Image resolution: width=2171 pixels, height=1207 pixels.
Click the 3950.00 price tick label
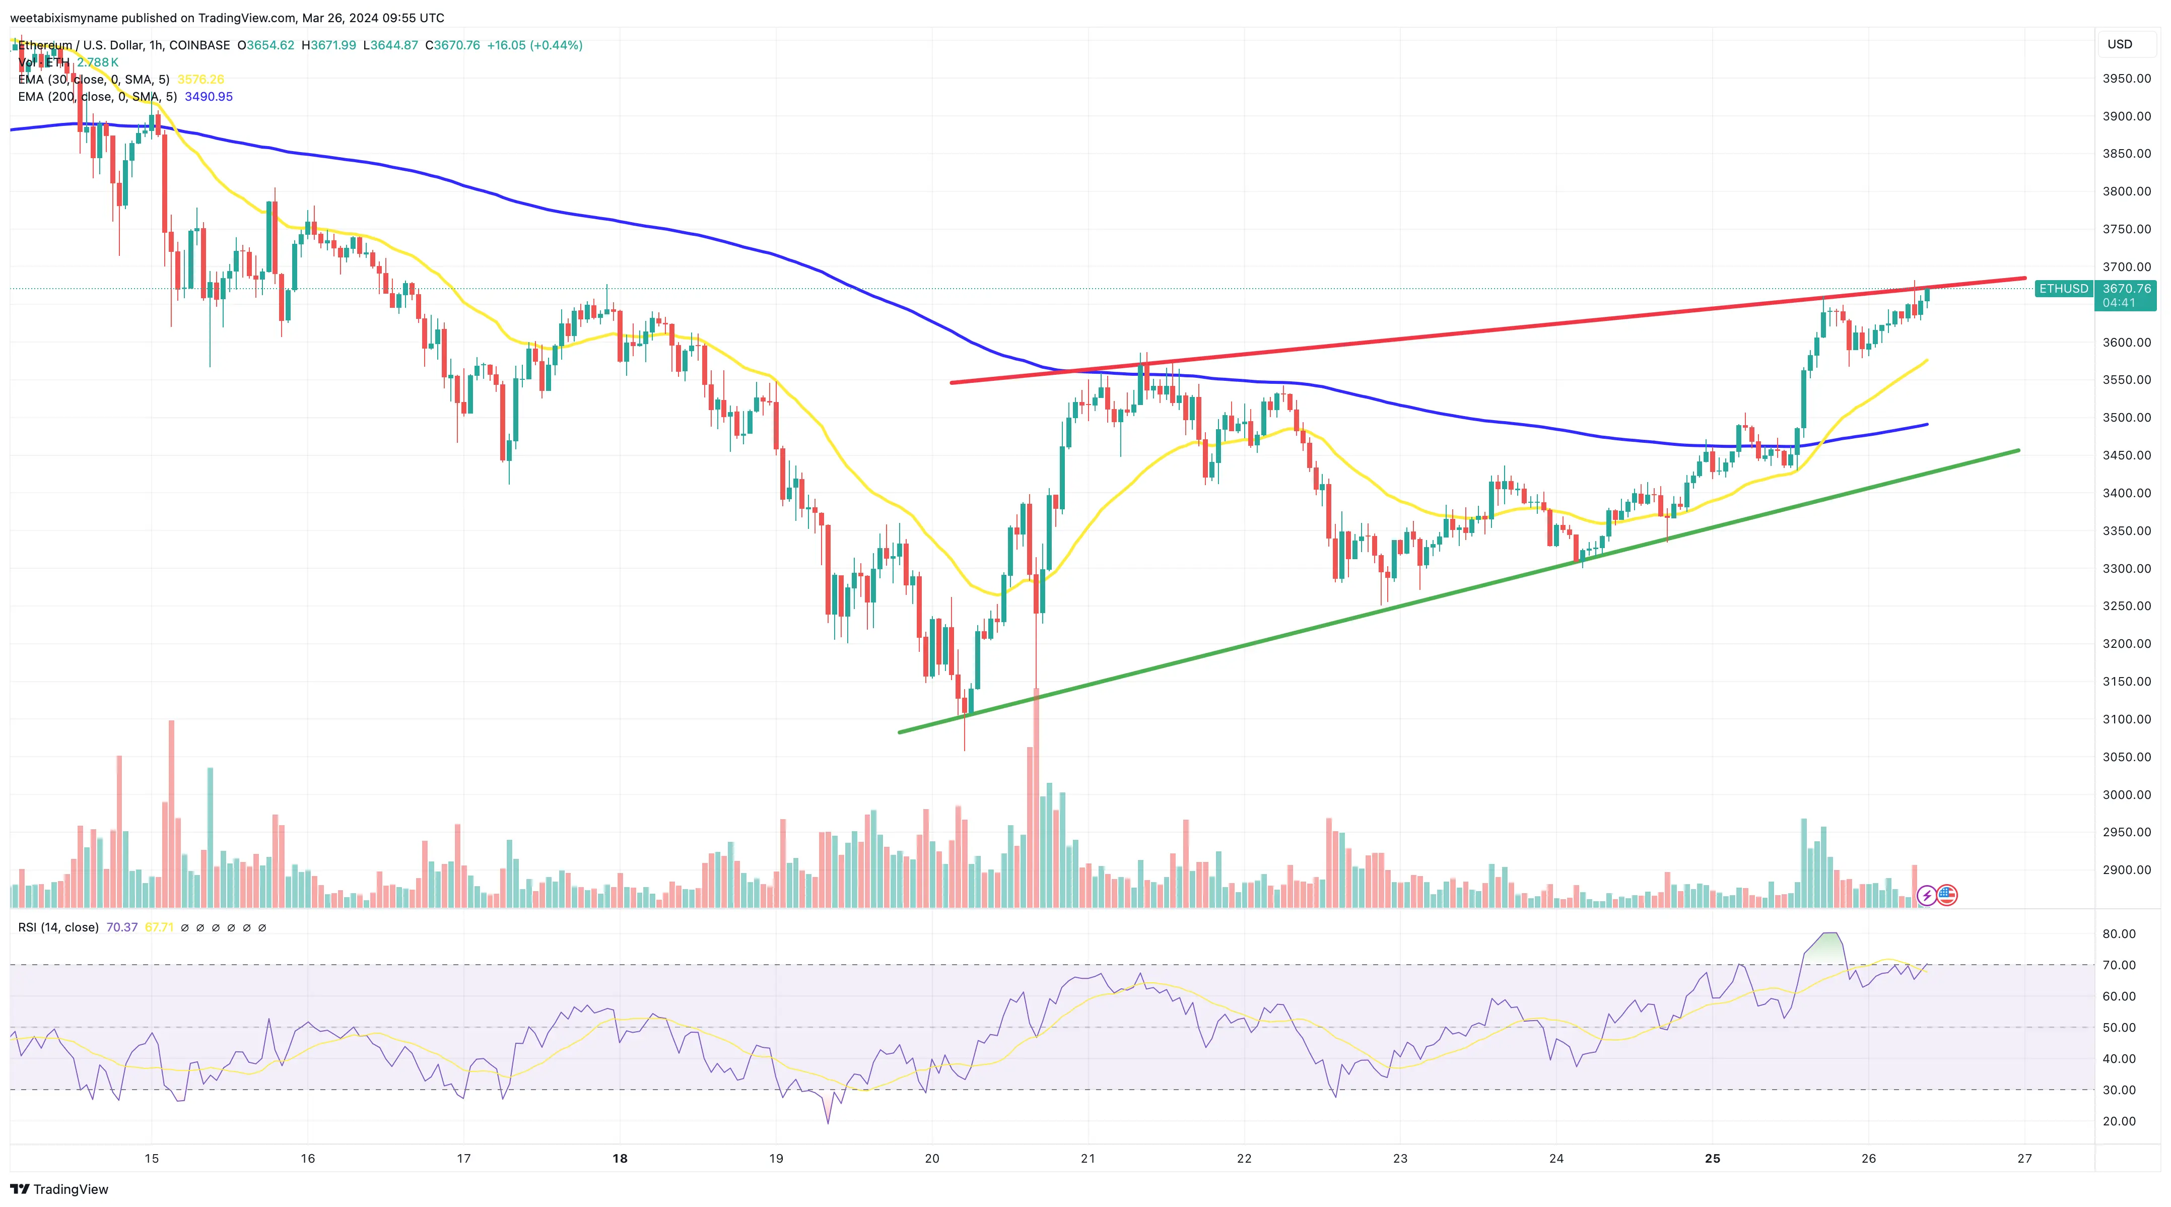click(2126, 79)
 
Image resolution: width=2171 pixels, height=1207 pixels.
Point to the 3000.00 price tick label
click(2126, 794)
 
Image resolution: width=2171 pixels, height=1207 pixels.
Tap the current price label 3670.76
click(2126, 288)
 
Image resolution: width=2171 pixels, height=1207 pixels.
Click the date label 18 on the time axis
click(620, 1158)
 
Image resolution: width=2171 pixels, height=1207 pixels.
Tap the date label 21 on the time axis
click(1088, 1158)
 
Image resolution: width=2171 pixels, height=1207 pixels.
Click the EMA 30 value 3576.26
click(200, 79)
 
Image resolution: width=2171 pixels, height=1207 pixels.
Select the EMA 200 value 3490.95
click(209, 97)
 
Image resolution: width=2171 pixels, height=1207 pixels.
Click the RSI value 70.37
click(122, 927)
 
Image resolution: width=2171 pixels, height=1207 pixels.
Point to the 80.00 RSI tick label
click(2119, 934)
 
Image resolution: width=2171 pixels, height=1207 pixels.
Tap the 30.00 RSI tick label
click(2119, 1090)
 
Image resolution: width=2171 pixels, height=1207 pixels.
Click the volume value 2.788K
click(98, 62)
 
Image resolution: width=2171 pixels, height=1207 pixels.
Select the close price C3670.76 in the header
click(452, 45)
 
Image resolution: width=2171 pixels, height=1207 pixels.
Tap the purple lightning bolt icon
click(1927, 895)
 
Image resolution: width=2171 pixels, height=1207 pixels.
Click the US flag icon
click(1947, 895)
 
